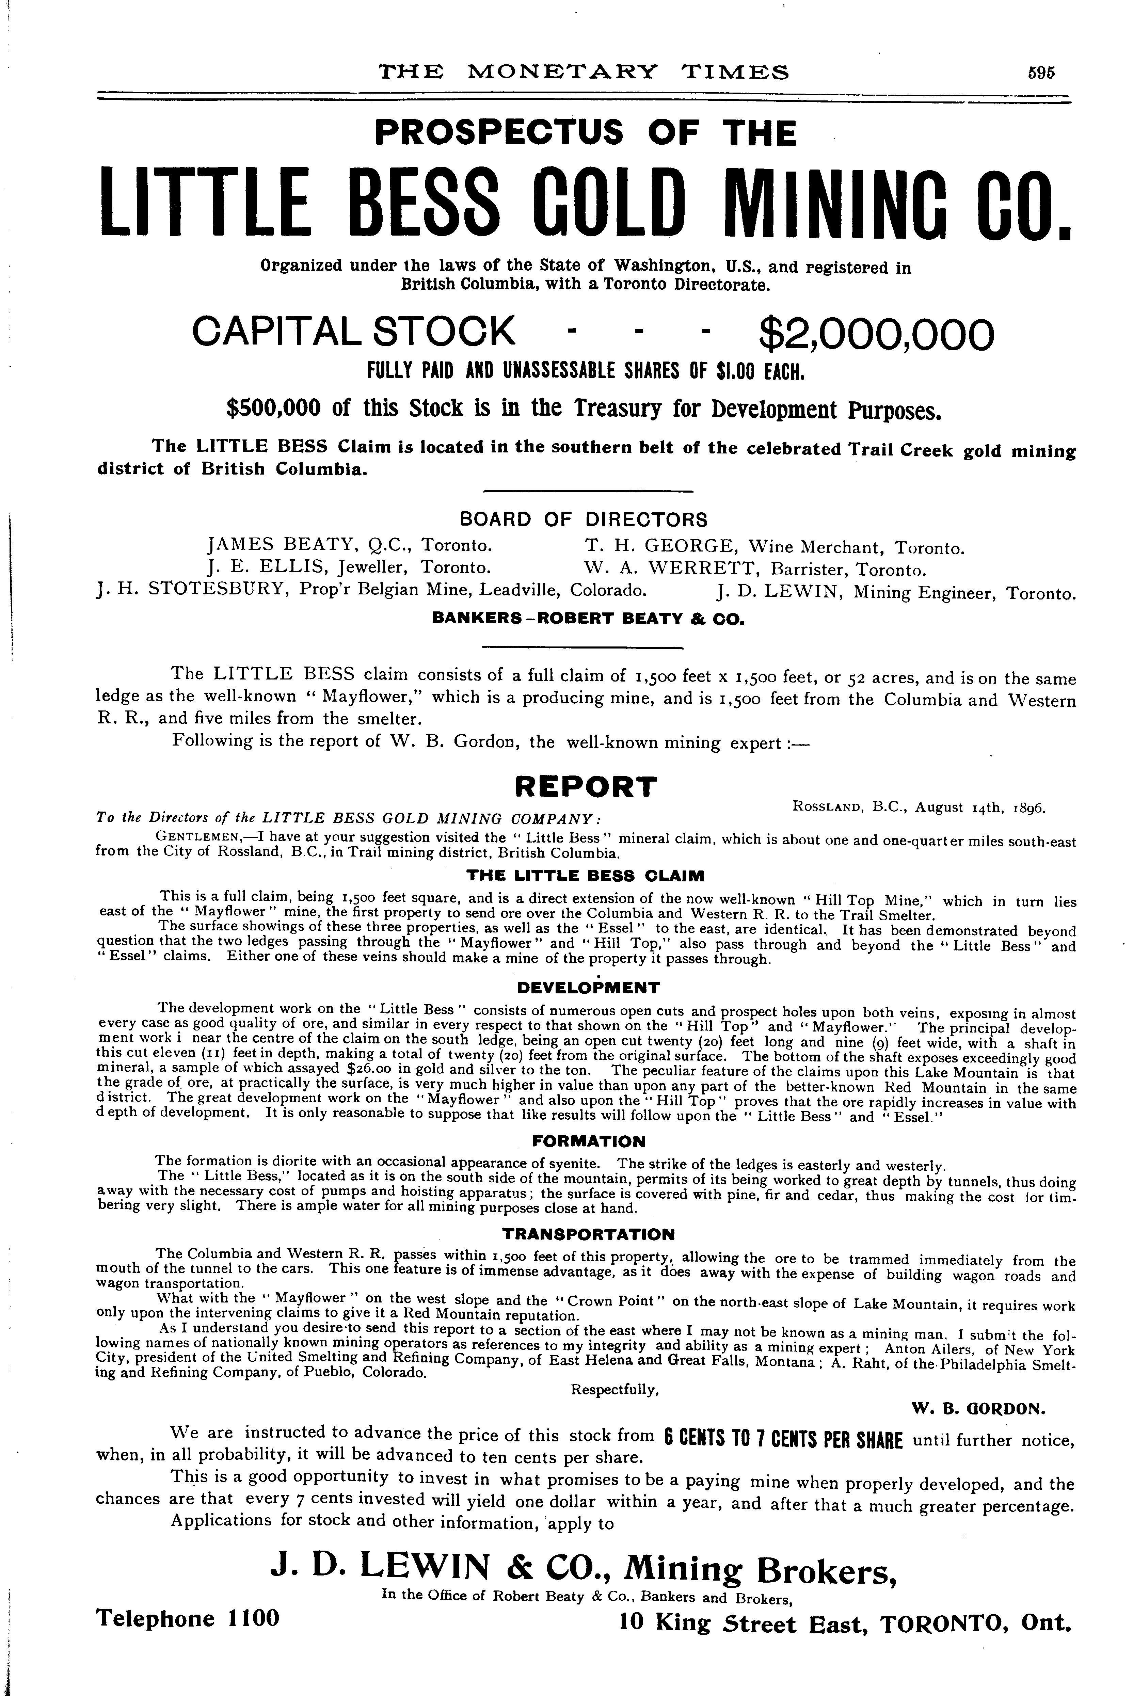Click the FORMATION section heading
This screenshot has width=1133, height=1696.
click(x=588, y=1141)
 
